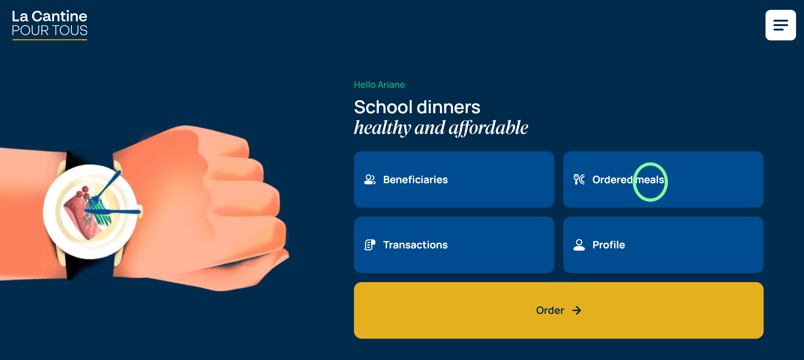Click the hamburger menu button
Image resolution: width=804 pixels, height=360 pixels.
click(x=780, y=25)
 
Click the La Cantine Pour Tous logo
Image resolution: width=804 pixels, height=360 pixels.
click(x=50, y=25)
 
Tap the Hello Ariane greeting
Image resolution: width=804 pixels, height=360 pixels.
click(x=379, y=85)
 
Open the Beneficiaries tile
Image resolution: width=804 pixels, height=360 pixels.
click(x=454, y=180)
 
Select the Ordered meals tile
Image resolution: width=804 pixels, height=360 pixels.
click(x=663, y=180)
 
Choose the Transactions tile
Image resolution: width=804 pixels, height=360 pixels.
click(x=454, y=245)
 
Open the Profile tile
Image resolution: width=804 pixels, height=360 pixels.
click(x=663, y=245)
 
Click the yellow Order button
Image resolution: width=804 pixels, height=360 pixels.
click(x=558, y=310)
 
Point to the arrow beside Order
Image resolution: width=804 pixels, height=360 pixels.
click(x=577, y=310)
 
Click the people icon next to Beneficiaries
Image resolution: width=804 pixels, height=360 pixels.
click(x=370, y=180)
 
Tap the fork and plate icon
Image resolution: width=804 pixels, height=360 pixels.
click(x=579, y=180)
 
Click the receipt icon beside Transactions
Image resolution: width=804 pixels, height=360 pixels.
click(x=370, y=245)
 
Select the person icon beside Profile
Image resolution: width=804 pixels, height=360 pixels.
click(x=579, y=245)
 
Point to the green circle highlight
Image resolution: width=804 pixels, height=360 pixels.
click(x=650, y=164)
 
